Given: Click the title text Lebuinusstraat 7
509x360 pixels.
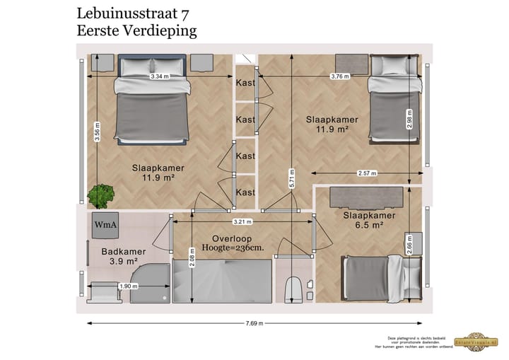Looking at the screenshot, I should point(132,12).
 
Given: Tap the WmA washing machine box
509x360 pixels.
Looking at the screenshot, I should point(105,225).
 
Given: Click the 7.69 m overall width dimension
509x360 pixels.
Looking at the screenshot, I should point(255,324).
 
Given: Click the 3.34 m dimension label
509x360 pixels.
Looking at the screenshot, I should point(159,76).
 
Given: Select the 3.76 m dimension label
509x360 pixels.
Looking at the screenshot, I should point(340,76).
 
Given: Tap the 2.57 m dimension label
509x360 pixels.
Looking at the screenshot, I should point(367,173).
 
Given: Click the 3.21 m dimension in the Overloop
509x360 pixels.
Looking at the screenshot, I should point(243,221).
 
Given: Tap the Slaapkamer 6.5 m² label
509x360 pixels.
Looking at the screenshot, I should point(368,220).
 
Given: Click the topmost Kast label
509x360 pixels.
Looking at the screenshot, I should point(245,83).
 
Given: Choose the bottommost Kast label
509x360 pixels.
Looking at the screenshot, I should point(245,192).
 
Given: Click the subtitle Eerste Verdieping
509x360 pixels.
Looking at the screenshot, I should point(136,30).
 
